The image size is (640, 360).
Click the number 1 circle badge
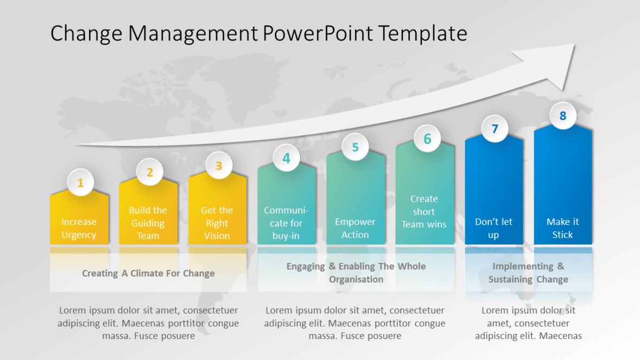(80, 183)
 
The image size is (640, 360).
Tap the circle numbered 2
(150, 172)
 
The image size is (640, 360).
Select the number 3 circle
(219, 165)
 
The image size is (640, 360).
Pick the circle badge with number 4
(286, 158)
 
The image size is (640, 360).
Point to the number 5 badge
(355, 147)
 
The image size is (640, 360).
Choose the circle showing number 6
(427, 139)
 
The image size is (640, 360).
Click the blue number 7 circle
(495, 129)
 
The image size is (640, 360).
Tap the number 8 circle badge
(563, 115)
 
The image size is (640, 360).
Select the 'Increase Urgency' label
(79, 228)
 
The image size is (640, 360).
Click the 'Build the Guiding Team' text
(148, 223)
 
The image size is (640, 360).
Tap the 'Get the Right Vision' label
(217, 223)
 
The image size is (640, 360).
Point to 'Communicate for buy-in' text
(286, 223)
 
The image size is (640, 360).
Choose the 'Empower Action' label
(355, 228)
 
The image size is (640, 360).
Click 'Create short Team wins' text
(424, 211)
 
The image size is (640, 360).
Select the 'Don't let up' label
(494, 228)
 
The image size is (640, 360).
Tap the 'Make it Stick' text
(562, 228)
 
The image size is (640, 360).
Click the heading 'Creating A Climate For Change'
(148, 273)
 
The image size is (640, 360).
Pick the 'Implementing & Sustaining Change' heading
(528, 273)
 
